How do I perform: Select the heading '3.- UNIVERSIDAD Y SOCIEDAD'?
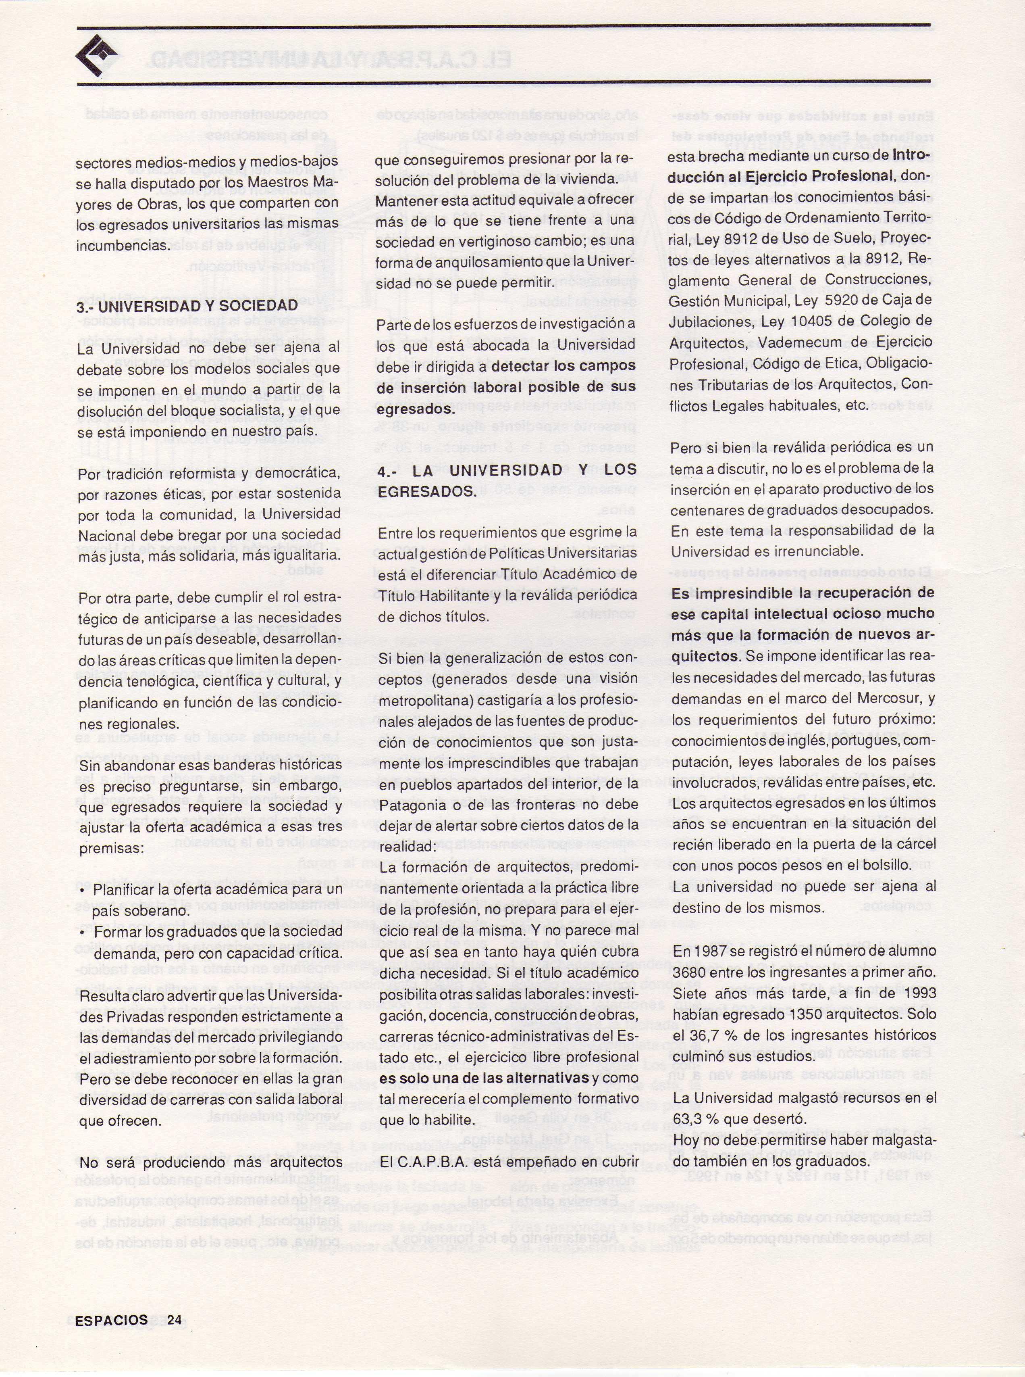tap(187, 306)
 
